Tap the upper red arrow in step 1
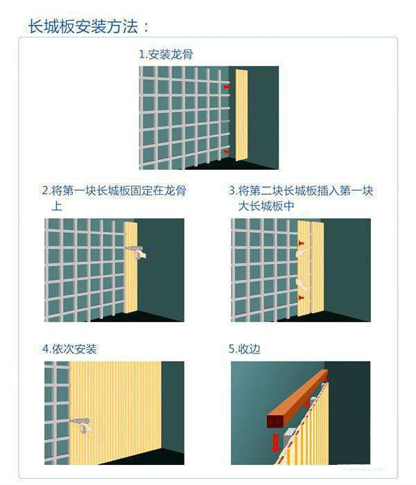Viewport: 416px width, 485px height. [226, 87]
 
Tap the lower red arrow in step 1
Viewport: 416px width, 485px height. [226, 150]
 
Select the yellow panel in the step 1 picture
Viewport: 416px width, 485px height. [241, 115]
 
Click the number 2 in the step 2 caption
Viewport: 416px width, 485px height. [45, 191]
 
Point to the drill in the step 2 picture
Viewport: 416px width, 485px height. [132, 247]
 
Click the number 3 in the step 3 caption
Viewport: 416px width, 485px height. [232, 191]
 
